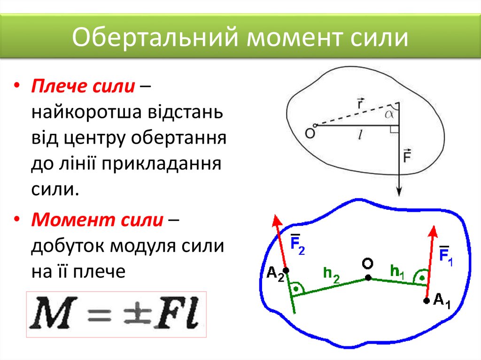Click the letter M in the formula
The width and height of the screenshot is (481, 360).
point(51,314)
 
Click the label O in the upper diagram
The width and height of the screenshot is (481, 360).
point(310,133)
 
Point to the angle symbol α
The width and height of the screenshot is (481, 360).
point(390,114)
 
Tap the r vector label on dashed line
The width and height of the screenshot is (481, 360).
point(360,103)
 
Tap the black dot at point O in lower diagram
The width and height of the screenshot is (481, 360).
point(368,277)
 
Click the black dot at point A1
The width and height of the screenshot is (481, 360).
point(426,300)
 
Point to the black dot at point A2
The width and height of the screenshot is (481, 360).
point(286,271)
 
